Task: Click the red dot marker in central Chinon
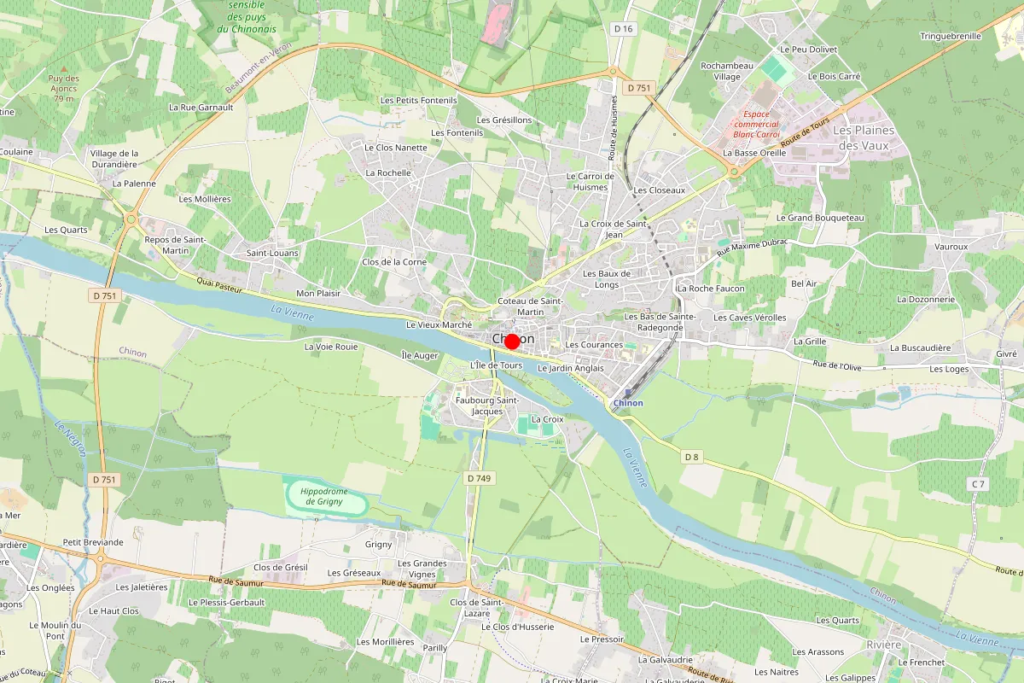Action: [x=512, y=341]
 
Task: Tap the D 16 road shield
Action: [x=624, y=29]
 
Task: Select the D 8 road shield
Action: [x=691, y=458]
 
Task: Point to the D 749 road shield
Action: [x=480, y=479]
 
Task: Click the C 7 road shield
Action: [x=978, y=485]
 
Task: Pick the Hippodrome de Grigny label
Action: [x=324, y=496]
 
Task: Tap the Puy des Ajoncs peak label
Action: [x=63, y=88]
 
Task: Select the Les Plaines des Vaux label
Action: [x=864, y=137]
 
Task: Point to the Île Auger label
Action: [x=420, y=354]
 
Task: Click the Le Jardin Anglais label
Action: [x=571, y=368]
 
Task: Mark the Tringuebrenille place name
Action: [x=951, y=36]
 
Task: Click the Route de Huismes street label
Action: [x=613, y=127]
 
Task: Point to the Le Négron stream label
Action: [x=70, y=438]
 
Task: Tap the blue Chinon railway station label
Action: [x=628, y=403]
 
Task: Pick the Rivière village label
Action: [x=883, y=645]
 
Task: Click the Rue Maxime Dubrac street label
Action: [x=751, y=246]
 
